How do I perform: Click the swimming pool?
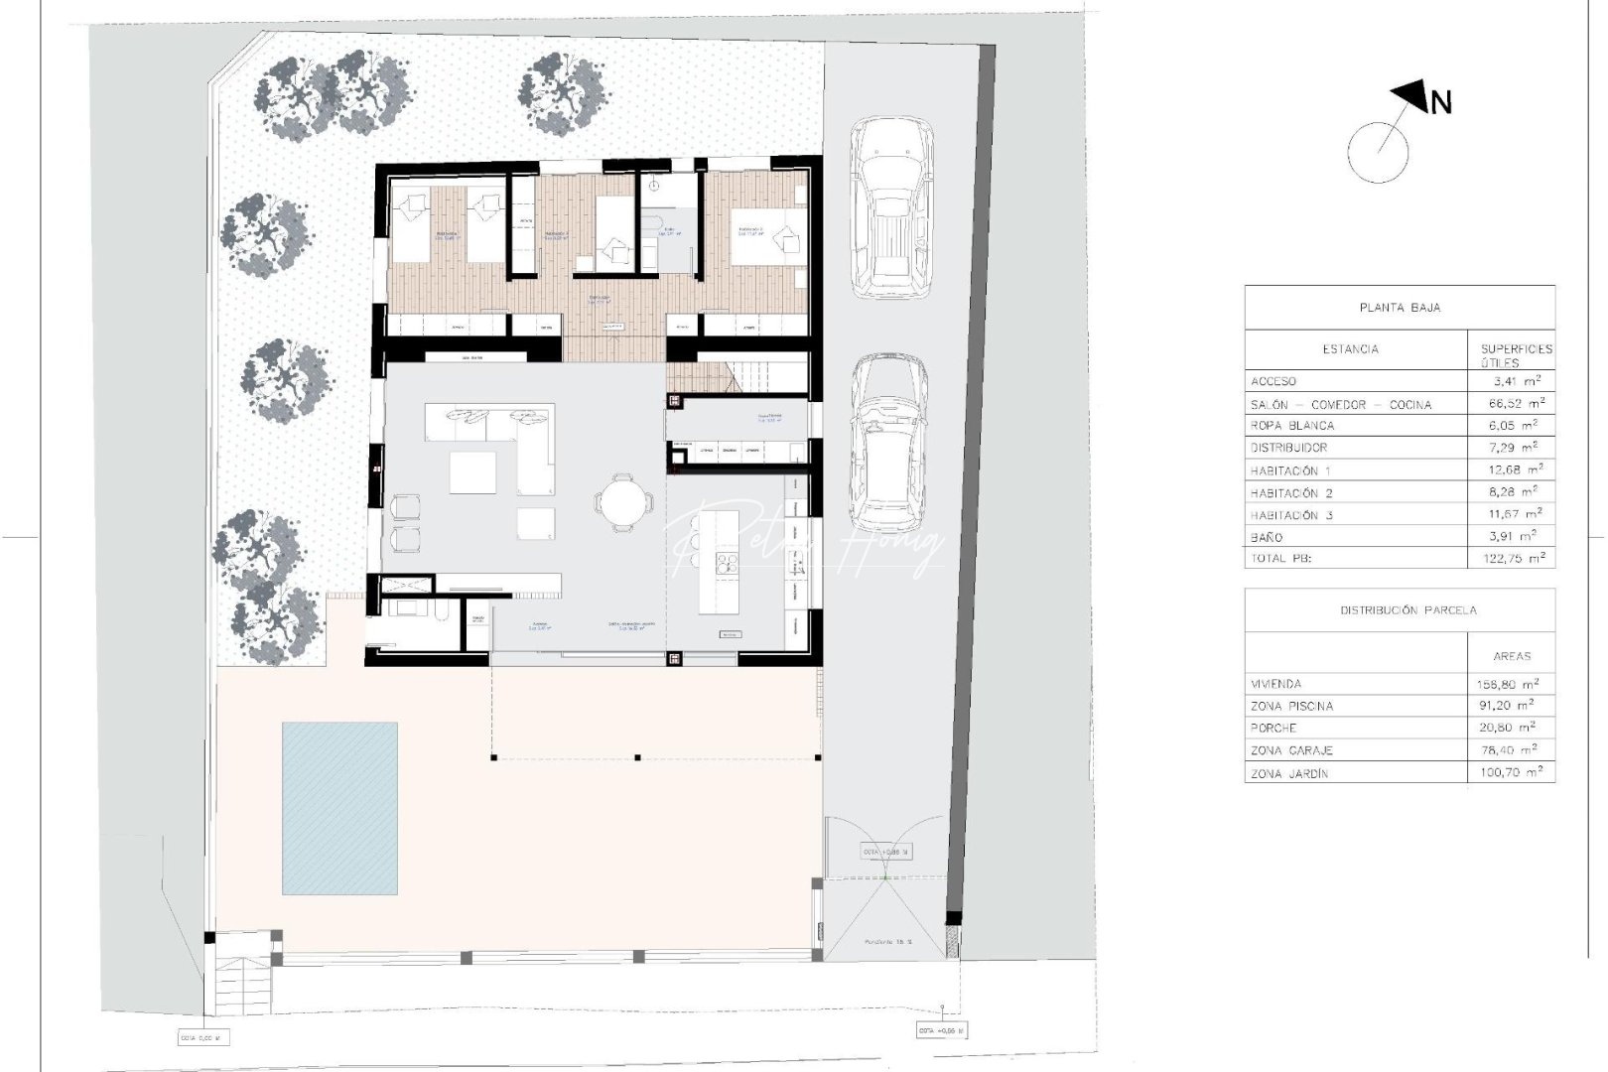(x=339, y=808)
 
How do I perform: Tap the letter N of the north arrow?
(x=1440, y=102)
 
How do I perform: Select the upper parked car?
(x=890, y=206)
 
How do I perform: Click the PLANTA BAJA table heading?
(x=1399, y=308)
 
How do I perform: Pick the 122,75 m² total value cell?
(x=1509, y=559)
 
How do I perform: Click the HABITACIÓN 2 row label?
(x=1291, y=493)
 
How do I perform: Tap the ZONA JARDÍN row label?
(x=1288, y=773)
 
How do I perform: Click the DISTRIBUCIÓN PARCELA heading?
(x=1399, y=610)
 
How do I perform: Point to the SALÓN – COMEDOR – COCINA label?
(x=1341, y=405)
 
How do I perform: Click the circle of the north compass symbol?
(x=1378, y=152)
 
